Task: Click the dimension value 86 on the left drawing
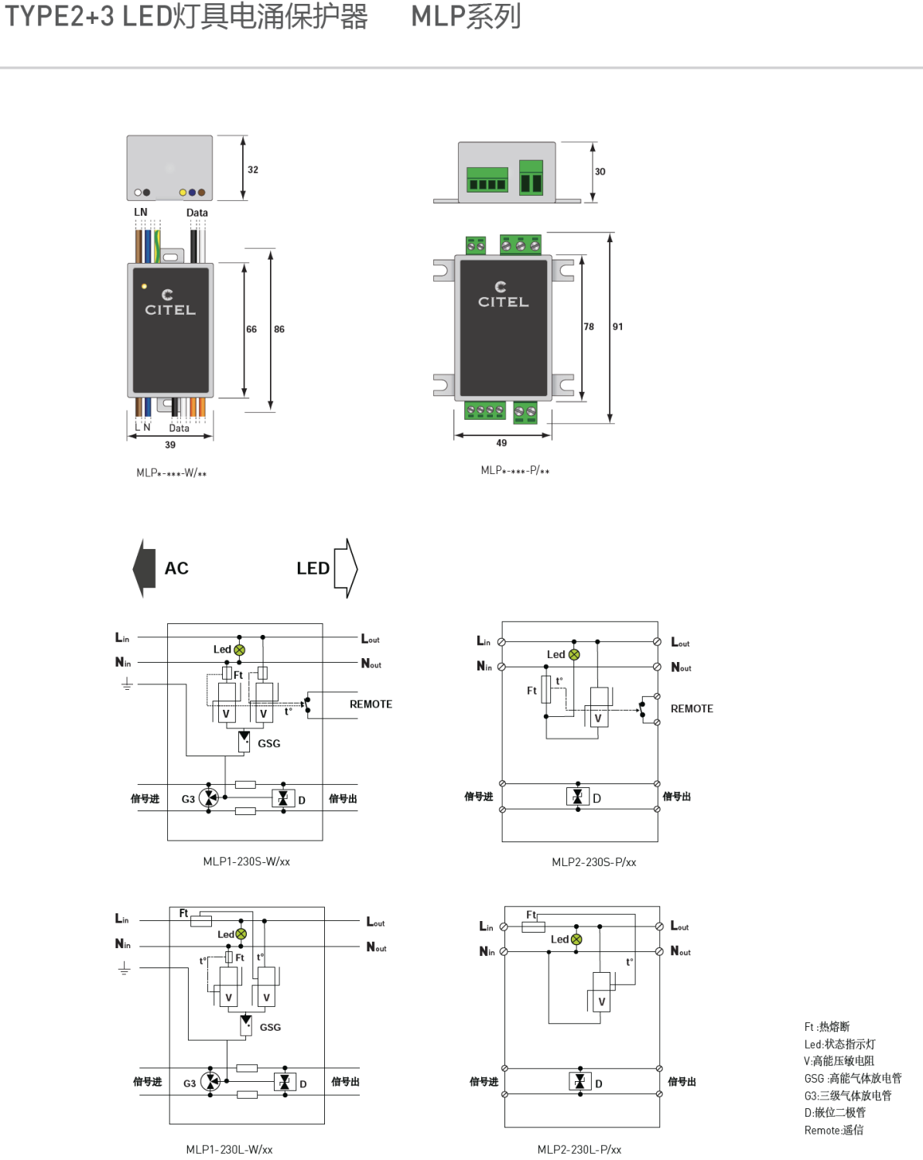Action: point(279,329)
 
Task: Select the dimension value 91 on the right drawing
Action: point(617,327)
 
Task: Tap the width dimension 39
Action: point(170,445)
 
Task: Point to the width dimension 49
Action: point(501,443)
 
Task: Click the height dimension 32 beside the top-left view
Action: point(253,170)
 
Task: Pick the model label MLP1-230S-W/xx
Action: point(246,861)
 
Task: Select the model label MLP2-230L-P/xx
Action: point(579,1150)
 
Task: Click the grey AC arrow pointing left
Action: point(145,568)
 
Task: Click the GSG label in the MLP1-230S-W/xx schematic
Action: point(268,744)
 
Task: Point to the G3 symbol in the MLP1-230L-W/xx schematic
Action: point(210,1082)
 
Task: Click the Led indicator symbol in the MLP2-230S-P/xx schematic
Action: point(574,655)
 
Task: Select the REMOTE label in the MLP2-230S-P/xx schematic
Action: point(692,709)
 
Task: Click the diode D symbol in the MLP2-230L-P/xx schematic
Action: point(579,1082)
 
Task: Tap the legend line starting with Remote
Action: point(833,1131)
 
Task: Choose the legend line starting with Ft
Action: point(826,1027)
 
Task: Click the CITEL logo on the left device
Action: point(170,303)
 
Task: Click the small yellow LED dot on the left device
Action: point(144,287)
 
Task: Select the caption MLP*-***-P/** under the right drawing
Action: point(514,471)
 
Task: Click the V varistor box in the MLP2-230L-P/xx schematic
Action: point(602,1002)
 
